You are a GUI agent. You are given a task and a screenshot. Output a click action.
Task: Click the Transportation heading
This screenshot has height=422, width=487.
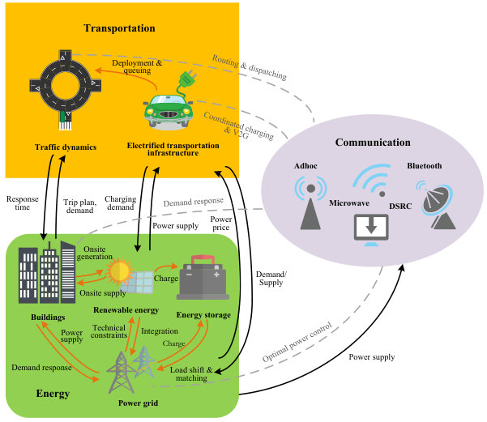tap(119, 28)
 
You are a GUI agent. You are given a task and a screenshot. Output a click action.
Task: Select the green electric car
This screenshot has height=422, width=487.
tap(168, 111)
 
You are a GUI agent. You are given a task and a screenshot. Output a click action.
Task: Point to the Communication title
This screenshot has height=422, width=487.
tap(373, 143)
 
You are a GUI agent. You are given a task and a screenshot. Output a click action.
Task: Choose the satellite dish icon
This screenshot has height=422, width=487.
tap(437, 205)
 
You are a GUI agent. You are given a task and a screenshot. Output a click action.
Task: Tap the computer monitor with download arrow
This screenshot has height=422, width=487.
tap(371, 229)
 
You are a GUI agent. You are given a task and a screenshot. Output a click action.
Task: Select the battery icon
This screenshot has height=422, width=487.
tap(203, 277)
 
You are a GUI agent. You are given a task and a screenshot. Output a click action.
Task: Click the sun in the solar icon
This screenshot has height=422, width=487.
tap(119, 271)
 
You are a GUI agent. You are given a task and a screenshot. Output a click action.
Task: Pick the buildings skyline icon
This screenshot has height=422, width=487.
tap(47, 272)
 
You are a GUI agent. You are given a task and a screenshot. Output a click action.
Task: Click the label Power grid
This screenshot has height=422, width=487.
tap(139, 403)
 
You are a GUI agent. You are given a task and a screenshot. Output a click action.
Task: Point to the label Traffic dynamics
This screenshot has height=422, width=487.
tap(66, 147)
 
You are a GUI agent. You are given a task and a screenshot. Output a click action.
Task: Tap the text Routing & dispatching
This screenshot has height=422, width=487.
tap(250, 67)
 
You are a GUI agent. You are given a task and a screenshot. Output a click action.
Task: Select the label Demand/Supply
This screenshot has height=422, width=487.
tap(271, 278)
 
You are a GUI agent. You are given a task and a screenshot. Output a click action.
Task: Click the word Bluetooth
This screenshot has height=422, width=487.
tap(425, 166)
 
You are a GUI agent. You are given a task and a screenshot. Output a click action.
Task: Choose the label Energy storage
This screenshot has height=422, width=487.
tap(203, 315)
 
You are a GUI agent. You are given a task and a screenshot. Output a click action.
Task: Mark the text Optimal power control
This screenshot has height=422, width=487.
tap(297, 342)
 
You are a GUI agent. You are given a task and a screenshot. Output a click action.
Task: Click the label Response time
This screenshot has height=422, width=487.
tap(23, 202)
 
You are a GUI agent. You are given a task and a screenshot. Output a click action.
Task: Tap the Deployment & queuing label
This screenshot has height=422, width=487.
tap(137, 66)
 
